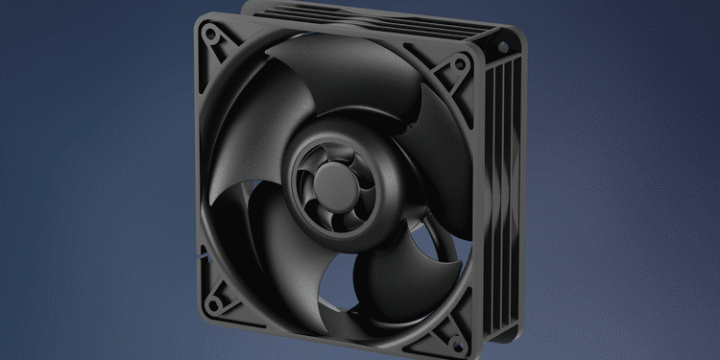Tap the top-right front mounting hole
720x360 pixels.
click(462, 64)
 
